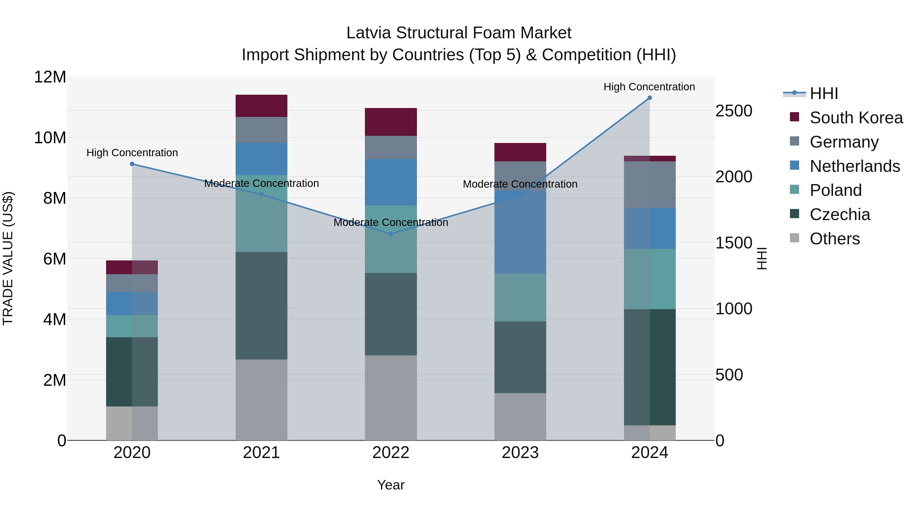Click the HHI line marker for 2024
pos(649,98)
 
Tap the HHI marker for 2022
pos(391,234)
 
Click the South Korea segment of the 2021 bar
pos(261,106)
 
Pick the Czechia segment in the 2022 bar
pos(391,314)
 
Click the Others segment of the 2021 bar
pos(261,400)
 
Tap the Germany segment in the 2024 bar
pos(649,185)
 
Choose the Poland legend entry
pos(835,190)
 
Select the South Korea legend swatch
pos(794,117)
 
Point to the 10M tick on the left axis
pos(50,138)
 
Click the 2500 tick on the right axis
pos(733,111)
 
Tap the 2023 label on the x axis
pos(520,453)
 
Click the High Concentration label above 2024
pos(649,87)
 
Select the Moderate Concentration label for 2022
pos(391,222)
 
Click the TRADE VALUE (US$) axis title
pos(8,258)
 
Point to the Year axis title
pos(391,485)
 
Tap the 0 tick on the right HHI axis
pos(720,441)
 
